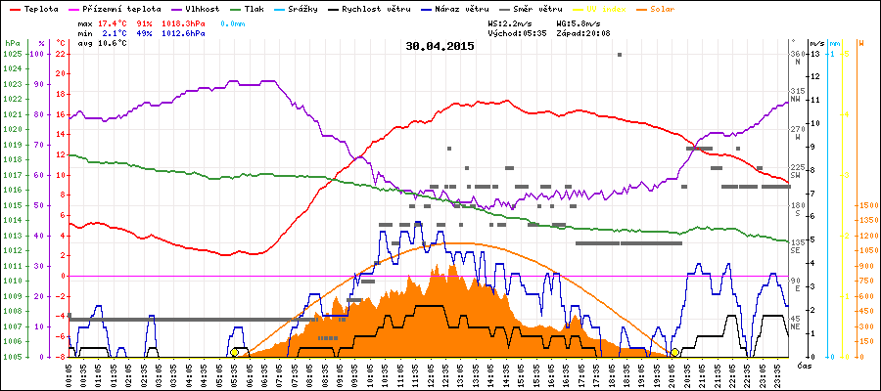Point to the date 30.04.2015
tap(440, 46)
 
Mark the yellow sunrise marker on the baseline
tap(234, 352)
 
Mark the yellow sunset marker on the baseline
tap(675, 352)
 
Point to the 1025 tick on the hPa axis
tap(12, 54)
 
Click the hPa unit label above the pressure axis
tap(12, 43)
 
